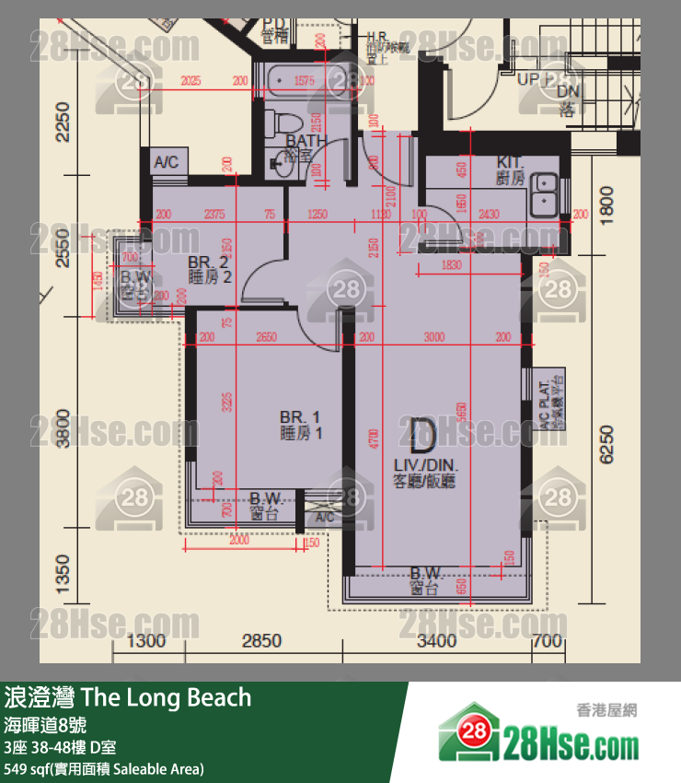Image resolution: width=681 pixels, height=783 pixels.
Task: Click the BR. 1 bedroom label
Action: [301, 423]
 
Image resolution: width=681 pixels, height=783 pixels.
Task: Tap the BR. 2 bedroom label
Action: [208, 268]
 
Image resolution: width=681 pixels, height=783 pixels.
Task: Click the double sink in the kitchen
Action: [545, 191]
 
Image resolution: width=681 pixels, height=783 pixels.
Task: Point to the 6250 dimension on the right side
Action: [605, 444]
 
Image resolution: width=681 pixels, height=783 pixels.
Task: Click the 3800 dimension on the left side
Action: [63, 427]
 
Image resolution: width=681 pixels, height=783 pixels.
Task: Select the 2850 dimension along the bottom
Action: [261, 641]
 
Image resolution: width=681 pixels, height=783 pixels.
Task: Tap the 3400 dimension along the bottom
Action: [437, 641]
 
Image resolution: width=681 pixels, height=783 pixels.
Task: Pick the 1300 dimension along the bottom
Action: [146, 641]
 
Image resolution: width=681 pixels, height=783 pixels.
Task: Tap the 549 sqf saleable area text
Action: [103, 767]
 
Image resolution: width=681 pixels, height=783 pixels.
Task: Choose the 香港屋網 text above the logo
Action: [606, 709]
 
